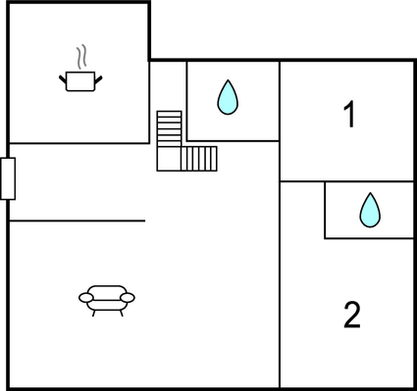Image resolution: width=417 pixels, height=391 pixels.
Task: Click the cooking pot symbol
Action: (80, 81)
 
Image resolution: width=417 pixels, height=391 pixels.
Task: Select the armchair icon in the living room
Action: (106, 298)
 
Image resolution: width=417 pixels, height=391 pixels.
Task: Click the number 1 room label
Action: (348, 116)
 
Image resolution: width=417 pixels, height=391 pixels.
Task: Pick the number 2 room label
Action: (352, 315)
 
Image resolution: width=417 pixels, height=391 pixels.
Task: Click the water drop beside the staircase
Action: (228, 97)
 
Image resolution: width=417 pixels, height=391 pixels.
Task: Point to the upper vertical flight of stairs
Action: (169, 127)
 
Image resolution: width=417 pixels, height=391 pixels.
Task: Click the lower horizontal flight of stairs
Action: (199, 158)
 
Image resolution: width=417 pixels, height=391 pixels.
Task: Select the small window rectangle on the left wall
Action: (8, 178)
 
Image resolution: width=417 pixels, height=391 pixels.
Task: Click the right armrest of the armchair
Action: (128, 297)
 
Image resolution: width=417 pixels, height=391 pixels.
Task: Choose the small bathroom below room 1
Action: (369, 210)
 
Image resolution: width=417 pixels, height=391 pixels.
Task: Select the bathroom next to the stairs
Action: (233, 101)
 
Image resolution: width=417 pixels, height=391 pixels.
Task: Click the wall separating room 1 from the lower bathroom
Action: (347, 181)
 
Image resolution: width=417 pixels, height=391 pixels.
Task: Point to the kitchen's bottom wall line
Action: (78, 143)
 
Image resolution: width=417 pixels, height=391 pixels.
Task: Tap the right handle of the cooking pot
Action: (99, 74)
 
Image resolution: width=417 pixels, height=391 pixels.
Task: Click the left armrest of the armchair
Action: (84, 297)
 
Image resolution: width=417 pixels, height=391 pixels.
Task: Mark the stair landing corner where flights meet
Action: (169, 158)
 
